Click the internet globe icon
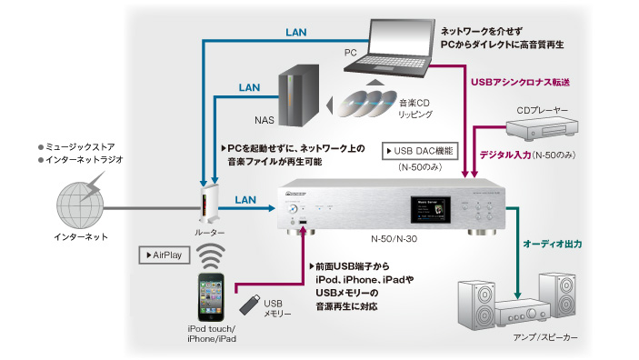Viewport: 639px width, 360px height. pos(81,198)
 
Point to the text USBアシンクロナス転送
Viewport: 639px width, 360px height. pos(523,82)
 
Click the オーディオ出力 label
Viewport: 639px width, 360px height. pos(552,245)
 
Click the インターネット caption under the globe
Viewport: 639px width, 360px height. pos(81,237)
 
